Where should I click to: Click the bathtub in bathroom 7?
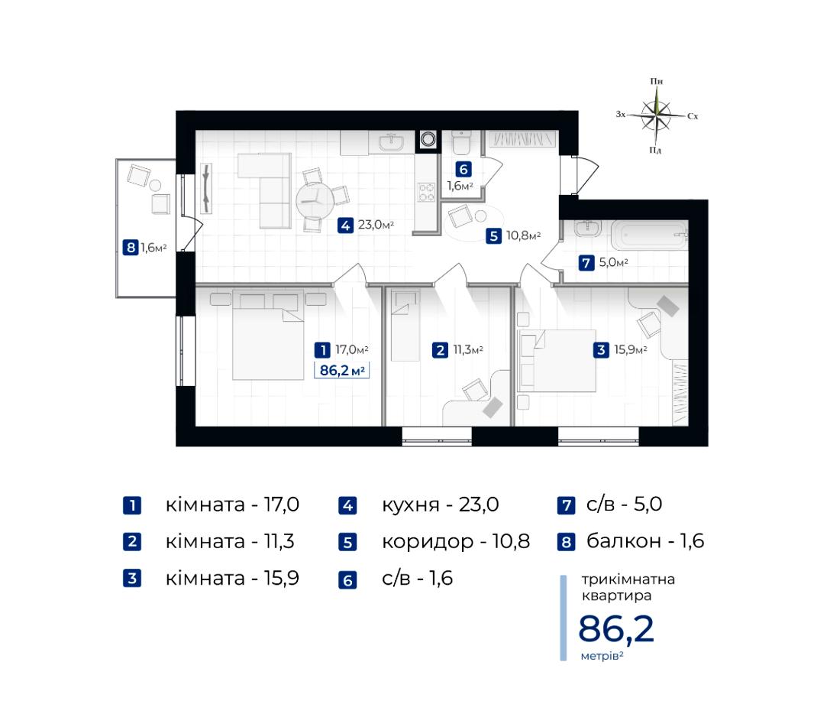tap(650, 235)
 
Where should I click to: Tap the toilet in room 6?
tap(461, 142)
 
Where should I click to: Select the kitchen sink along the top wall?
tap(392, 142)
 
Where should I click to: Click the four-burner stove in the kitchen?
tap(426, 193)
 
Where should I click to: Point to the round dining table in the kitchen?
tap(315, 201)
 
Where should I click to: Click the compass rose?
tap(657, 115)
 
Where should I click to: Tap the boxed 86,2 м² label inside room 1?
tap(341, 371)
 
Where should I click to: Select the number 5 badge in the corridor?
tap(493, 236)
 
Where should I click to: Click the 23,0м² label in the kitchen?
tap(376, 225)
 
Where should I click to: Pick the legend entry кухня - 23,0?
tap(441, 505)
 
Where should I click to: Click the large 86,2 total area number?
tap(616, 629)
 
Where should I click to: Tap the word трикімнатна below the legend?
tap(628, 579)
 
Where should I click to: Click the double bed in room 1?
tap(268, 335)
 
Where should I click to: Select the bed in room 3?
tap(557, 360)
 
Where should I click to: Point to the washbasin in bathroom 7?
tap(588, 229)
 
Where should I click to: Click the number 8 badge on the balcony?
tap(131, 248)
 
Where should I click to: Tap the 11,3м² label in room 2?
tap(468, 349)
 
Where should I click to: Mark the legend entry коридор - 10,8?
tap(456, 541)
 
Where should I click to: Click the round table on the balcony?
tap(155, 185)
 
